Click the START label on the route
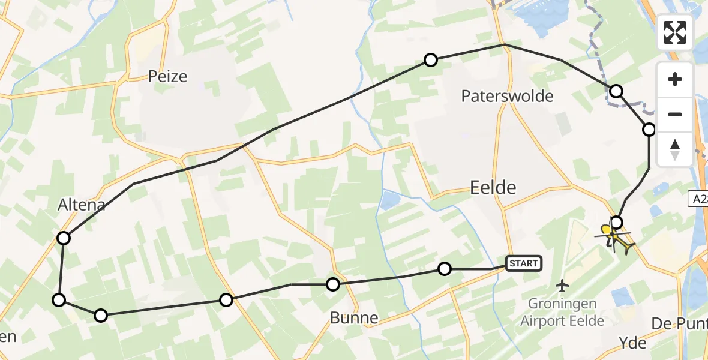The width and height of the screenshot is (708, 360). (x=524, y=263)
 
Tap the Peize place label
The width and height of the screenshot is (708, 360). (x=168, y=77)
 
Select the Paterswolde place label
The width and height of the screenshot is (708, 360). (x=507, y=96)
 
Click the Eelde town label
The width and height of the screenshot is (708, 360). (x=493, y=188)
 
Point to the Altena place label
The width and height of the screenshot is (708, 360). (x=82, y=205)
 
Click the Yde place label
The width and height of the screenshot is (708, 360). (x=632, y=343)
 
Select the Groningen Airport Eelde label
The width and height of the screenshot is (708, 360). (x=562, y=313)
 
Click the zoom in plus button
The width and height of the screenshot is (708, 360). (x=675, y=79)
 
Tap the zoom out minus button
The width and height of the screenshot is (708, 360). (x=675, y=114)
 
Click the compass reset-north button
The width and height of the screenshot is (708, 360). (x=675, y=149)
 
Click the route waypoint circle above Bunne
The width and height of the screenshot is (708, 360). (x=333, y=284)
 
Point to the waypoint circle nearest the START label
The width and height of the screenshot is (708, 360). (x=444, y=269)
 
